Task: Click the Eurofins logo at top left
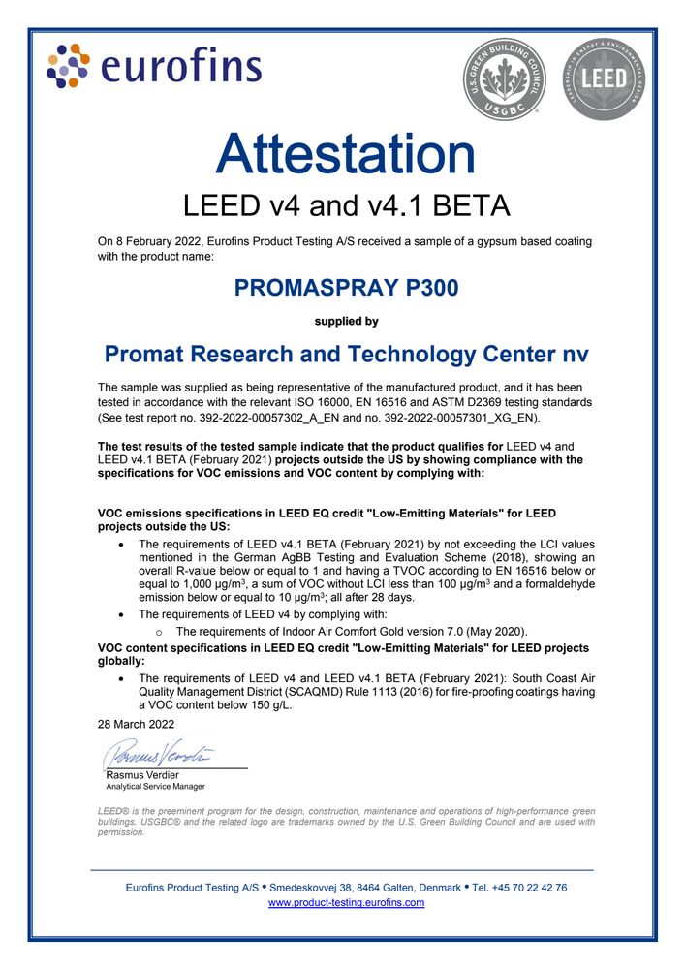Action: coord(154,66)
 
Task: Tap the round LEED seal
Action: coord(603,78)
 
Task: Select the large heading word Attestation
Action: coord(346,155)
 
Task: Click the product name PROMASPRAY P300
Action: coord(346,288)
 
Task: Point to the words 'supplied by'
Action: coord(346,321)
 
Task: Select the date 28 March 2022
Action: coord(136,724)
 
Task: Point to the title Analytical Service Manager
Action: coord(155,786)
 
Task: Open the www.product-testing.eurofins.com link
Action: coord(346,902)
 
